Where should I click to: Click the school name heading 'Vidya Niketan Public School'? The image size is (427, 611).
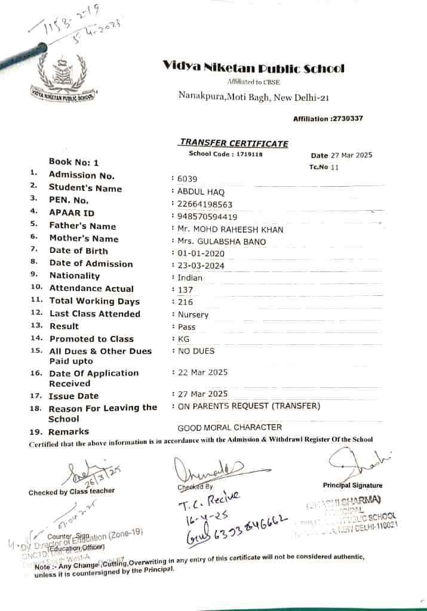(x=254, y=69)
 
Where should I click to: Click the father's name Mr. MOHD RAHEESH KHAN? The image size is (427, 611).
(x=230, y=229)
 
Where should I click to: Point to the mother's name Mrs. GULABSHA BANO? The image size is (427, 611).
(x=222, y=242)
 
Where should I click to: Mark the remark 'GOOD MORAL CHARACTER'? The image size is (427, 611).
(x=230, y=427)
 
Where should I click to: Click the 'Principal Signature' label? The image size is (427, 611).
(x=353, y=485)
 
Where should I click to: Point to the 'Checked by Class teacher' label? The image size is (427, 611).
(x=72, y=492)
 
